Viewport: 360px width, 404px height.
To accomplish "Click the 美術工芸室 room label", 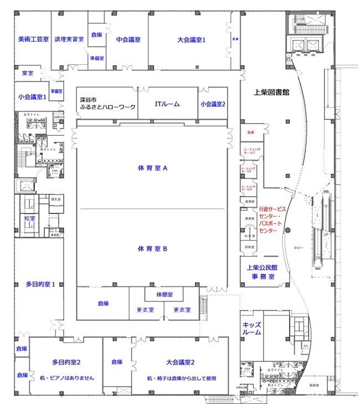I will pos(33,39).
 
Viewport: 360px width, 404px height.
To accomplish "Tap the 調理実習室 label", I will pos(69,39).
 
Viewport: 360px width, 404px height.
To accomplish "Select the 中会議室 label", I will pos(128,39).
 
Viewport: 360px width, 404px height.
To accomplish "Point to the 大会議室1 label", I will pos(192,39).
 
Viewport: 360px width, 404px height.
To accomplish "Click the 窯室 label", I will pos(28,73).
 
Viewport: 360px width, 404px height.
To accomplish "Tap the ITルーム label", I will pos(166,104).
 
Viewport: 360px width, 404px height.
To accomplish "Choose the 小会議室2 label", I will pos(213,104).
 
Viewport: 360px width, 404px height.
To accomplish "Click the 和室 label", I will pos(29,219).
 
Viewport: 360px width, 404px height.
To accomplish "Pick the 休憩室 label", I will pos(164,294).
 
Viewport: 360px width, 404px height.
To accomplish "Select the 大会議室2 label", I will pos(180,362).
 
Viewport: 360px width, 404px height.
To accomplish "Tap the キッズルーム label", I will pos(252,329).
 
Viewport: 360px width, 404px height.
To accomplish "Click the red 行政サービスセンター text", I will pos(273,219).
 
